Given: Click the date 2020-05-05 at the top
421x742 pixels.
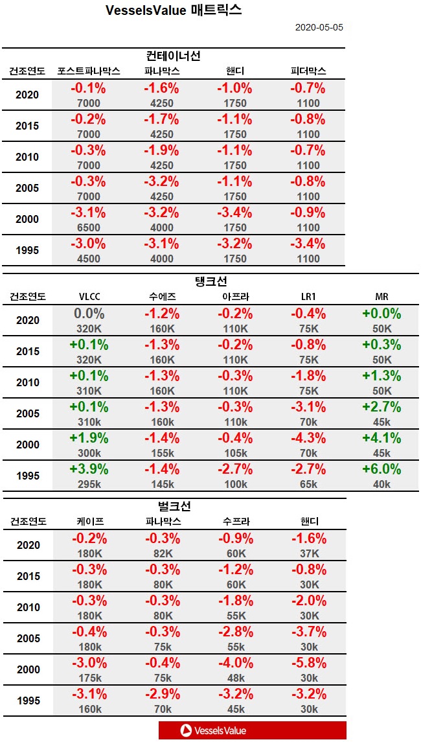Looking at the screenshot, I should click(x=319, y=28).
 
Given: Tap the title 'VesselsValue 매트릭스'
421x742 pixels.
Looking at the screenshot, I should click(x=174, y=10).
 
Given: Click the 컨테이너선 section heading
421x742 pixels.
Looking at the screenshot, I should click(x=174, y=56).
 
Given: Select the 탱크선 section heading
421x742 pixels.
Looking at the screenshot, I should click(x=210, y=281).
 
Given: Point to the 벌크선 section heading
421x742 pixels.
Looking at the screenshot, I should click(x=174, y=506).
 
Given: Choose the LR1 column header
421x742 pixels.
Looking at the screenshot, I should click(x=308, y=297).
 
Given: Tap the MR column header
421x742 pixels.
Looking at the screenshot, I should click(x=382, y=297).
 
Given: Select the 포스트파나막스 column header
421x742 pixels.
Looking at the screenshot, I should click(x=88, y=71).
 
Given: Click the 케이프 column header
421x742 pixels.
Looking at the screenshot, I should click(x=88, y=522).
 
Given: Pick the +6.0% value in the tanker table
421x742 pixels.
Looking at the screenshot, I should click(x=382, y=469).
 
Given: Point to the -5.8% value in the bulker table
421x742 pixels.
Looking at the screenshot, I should click(x=308, y=663).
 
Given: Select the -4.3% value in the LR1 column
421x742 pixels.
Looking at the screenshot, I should click(x=308, y=438).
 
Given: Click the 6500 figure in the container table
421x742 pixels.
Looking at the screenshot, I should click(x=88, y=227).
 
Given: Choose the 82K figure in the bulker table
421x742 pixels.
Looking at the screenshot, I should click(x=162, y=553).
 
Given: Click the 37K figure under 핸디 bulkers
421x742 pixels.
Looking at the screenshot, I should click(x=308, y=553).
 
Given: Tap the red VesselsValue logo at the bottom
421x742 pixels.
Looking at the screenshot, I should click(x=252, y=730).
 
